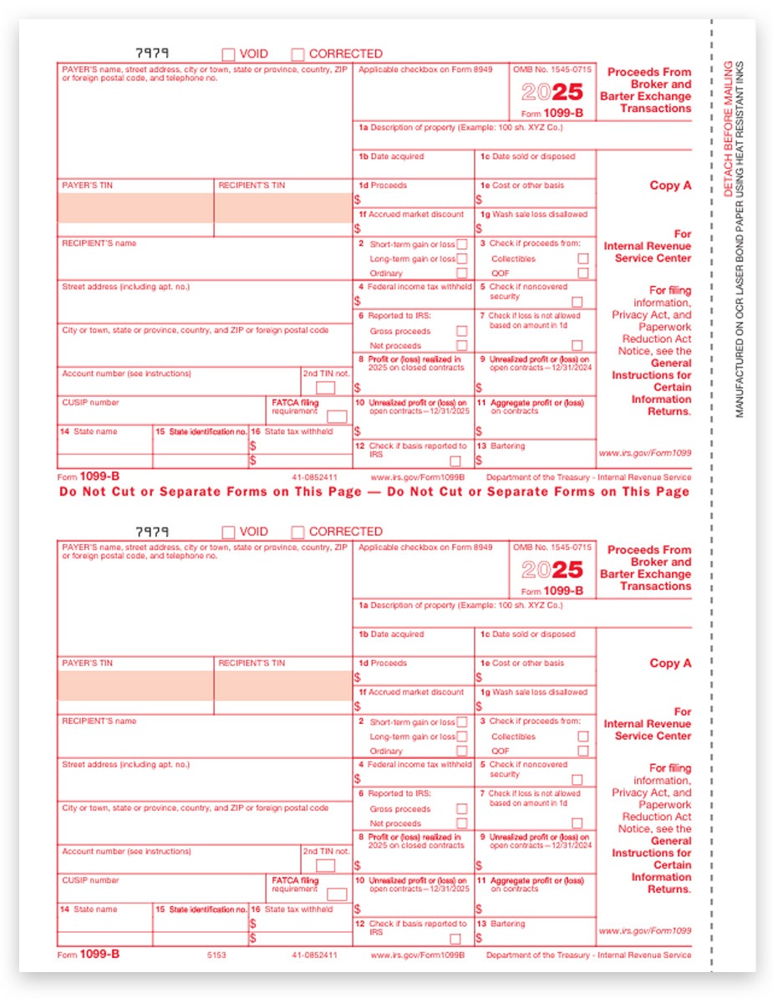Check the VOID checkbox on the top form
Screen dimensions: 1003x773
point(228,54)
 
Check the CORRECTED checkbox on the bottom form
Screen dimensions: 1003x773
point(298,532)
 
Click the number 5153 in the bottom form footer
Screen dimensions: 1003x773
point(216,955)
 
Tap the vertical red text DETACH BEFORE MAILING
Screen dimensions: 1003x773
point(728,129)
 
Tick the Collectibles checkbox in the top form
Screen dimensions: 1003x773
point(582,259)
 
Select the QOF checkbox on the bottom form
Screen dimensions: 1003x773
point(582,751)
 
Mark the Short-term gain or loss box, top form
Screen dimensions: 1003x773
point(461,245)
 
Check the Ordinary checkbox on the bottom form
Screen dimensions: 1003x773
point(461,751)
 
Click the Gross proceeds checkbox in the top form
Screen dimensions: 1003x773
point(461,331)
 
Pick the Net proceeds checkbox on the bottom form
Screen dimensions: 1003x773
point(461,823)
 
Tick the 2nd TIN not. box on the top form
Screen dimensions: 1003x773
point(325,388)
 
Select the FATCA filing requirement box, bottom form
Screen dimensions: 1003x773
point(337,894)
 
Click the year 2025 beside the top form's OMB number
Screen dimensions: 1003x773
point(552,92)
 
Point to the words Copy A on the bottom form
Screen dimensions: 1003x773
point(670,663)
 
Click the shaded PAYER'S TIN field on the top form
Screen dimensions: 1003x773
point(135,208)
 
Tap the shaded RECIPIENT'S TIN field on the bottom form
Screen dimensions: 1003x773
point(282,685)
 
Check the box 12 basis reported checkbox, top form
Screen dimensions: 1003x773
point(455,461)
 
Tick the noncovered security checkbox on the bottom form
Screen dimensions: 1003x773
point(577,780)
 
